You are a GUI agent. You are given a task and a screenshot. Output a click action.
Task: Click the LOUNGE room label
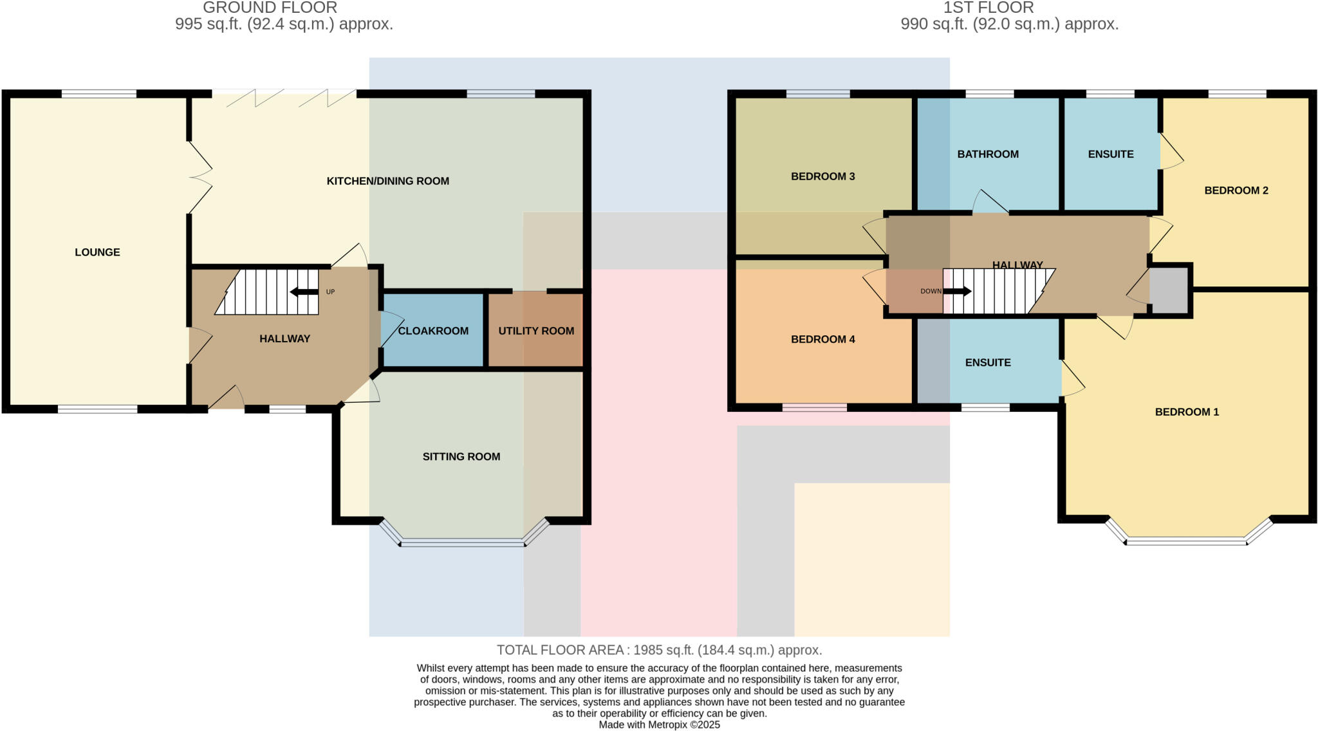[97, 252]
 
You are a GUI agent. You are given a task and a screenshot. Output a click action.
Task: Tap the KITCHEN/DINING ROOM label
[387, 181]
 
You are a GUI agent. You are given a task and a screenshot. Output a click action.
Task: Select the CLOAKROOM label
[433, 331]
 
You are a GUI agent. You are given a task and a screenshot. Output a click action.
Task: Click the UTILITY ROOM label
[536, 331]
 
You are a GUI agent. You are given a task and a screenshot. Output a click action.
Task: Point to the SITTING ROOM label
[461, 457]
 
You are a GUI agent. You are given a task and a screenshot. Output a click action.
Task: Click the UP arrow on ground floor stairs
[304, 292]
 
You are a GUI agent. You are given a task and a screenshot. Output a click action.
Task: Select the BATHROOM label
[988, 154]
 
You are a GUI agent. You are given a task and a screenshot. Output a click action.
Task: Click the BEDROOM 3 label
[822, 176]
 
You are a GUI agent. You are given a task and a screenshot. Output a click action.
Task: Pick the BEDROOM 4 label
[822, 339]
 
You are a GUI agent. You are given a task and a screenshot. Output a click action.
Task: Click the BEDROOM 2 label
[1236, 190]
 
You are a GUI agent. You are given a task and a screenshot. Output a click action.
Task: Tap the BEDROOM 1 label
[1187, 412]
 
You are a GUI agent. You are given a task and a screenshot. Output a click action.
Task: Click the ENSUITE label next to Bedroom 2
[1111, 154]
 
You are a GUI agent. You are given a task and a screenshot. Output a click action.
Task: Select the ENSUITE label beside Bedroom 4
[988, 363]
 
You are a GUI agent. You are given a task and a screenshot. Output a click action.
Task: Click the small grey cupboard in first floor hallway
[1169, 290]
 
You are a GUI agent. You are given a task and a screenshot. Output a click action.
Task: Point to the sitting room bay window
[462, 543]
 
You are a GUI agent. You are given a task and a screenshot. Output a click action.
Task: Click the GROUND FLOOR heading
[270, 8]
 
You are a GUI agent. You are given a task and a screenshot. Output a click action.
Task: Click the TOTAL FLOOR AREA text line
[659, 650]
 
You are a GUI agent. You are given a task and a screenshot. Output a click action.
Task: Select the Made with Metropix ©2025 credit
[659, 725]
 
